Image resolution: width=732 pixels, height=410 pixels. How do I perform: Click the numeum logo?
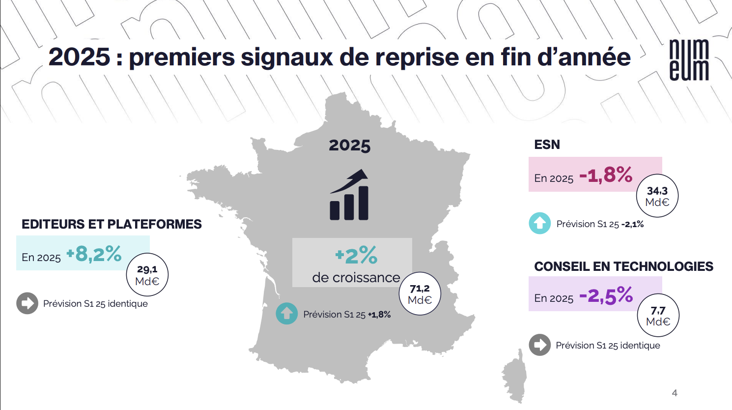pyautogui.click(x=689, y=59)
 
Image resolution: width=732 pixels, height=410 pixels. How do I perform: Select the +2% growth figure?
pyautogui.click(x=356, y=256)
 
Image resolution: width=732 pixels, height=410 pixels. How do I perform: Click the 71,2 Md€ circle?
pyautogui.click(x=420, y=294)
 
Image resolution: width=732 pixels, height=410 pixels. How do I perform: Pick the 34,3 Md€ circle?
pyautogui.click(x=657, y=196)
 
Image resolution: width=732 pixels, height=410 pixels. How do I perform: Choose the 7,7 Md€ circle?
pyautogui.click(x=658, y=316)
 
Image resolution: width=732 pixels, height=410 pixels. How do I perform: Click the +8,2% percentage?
pyautogui.click(x=94, y=254)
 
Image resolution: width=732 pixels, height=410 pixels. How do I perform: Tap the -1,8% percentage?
pyautogui.click(x=606, y=175)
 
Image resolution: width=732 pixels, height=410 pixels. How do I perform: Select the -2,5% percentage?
pyautogui.click(x=606, y=295)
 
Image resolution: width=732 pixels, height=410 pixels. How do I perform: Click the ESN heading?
pyautogui.click(x=547, y=145)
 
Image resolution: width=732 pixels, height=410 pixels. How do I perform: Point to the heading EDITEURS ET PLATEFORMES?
pyautogui.click(x=112, y=224)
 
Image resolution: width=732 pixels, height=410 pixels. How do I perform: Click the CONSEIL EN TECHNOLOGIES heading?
pyautogui.click(x=623, y=266)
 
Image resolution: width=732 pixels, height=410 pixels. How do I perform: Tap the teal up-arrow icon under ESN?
pyautogui.click(x=539, y=223)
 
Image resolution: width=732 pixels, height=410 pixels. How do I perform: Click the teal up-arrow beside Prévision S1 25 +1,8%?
pyautogui.click(x=286, y=314)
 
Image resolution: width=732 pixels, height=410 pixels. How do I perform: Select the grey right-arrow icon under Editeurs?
pyautogui.click(x=27, y=303)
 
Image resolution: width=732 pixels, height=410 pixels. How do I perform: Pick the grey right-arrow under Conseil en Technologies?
pyautogui.click(x=539, y=345)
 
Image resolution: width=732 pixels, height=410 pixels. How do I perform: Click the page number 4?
pyautogui.click(x=675, y=393)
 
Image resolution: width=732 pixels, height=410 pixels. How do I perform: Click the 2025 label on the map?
pyautogui.click(x=349, y=146)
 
